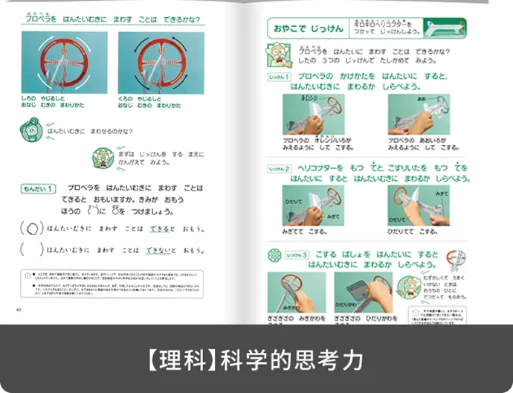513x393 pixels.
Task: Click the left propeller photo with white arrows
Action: pyautogui.click(x=64, y=63)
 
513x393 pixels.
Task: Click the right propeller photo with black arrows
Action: pyautogui.click(x=160, y=63)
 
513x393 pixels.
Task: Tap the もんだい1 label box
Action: pyautogui.click(x=38, y=189)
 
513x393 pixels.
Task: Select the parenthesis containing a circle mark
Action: pyautogui.click(x=32, y=229)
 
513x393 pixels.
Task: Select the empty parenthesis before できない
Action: pyautogui.click(x=32, y=250)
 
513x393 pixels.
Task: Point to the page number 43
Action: pyautogui.click(x=28, y=310)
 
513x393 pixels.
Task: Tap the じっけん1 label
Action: pyautogui.click(x=279, y=77)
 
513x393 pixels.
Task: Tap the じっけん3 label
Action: pyautogui.click(x=280, y=255)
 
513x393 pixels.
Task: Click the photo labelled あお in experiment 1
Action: pyautogui.click(x=418, y=114)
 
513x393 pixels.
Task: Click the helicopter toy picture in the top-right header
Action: pyautogui.click(x=445, y=28)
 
